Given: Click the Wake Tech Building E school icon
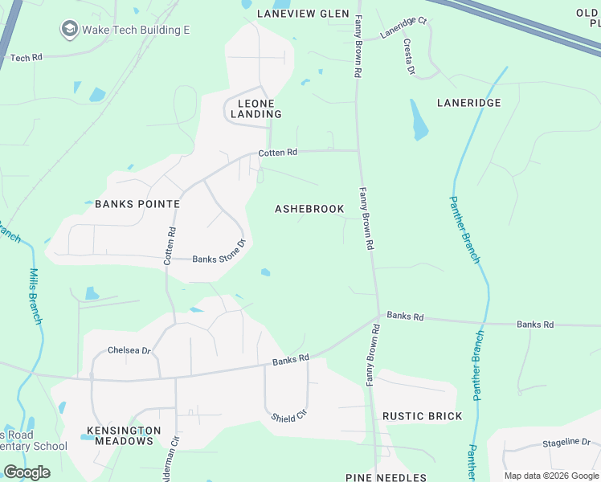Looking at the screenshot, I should point(69,30).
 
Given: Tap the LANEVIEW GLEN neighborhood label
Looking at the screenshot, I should point(303,14).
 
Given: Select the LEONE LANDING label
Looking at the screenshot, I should point(256,109).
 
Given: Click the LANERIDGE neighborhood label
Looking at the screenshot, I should point(468,103).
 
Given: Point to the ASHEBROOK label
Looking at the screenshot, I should point(309,209).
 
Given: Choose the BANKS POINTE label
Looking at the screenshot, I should point(137,204).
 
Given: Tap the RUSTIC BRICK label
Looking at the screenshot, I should point(422,416).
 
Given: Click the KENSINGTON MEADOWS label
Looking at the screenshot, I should point(124,436).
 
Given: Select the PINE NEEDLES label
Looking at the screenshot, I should point(386,478).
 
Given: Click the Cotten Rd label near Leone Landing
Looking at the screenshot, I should point(278,153).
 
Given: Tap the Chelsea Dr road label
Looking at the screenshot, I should point(129,350).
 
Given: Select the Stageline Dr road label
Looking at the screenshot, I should point(566,442).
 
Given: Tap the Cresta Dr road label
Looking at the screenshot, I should point(409,57).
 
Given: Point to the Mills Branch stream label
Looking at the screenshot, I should point(35,296).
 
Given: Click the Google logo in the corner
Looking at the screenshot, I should point(27,472).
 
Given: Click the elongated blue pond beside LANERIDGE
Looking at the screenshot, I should point(419,120).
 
